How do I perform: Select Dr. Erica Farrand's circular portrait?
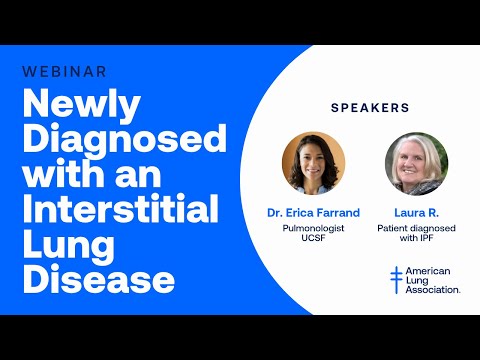click(x=313, y=163)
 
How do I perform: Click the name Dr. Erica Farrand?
click(x=313, y=213)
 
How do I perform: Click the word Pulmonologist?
click(x=313, y=229)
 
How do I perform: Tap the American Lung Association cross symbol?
click(x=396, y=280)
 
